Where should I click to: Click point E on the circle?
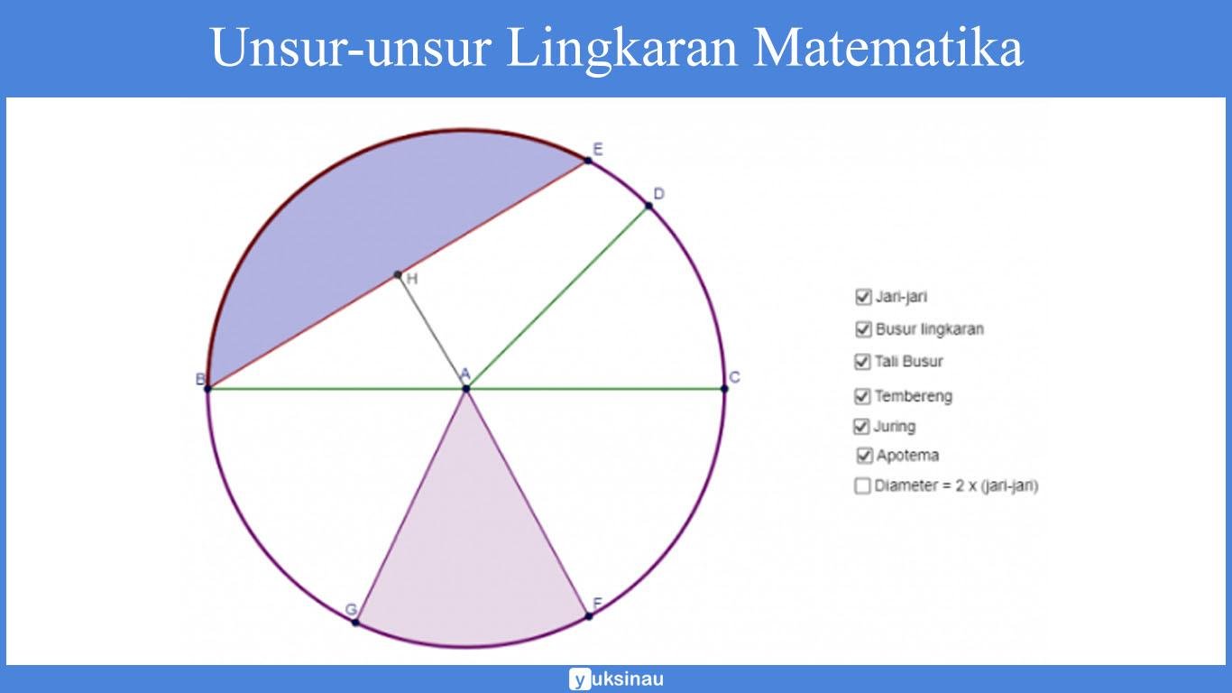click(588, 160)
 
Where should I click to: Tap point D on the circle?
click(648, 207)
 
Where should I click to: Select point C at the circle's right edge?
click(724, 389)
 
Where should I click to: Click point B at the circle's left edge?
click(207, 389)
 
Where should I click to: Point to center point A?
click(466, 389)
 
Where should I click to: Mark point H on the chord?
click(398, 274)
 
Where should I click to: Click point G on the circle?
click(355, 623)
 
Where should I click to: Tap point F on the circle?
click(589, 615)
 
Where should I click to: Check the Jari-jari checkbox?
click(863, 297)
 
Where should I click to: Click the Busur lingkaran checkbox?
click(863, 329)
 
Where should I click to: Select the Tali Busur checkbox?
click(862, 362)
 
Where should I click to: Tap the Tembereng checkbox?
click(862, 396)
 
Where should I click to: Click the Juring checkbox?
click(861, 426)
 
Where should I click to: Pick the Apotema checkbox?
click(865, 456)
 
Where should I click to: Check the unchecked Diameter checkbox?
click(862, 486)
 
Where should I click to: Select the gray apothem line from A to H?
click(432, 332)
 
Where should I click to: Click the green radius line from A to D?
click(557, 298)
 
